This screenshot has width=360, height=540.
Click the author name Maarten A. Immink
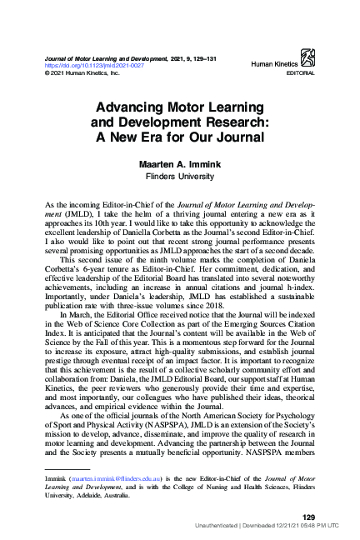(x=179, y=165)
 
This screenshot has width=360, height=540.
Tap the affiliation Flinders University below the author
(x=179, y=177)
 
